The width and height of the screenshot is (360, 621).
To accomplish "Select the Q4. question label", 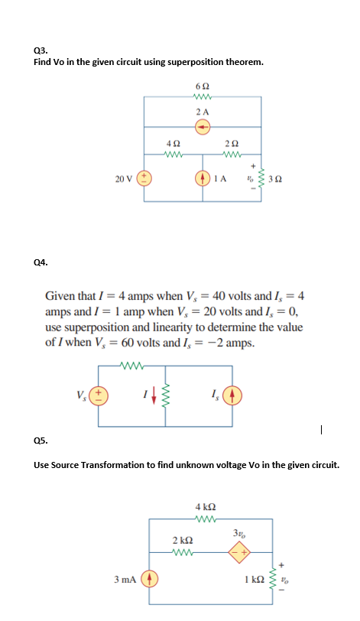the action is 41,262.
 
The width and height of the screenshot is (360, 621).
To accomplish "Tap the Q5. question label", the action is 41,441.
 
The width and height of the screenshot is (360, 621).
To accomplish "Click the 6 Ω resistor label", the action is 202,86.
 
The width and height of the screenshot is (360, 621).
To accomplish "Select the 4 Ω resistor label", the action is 173,143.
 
